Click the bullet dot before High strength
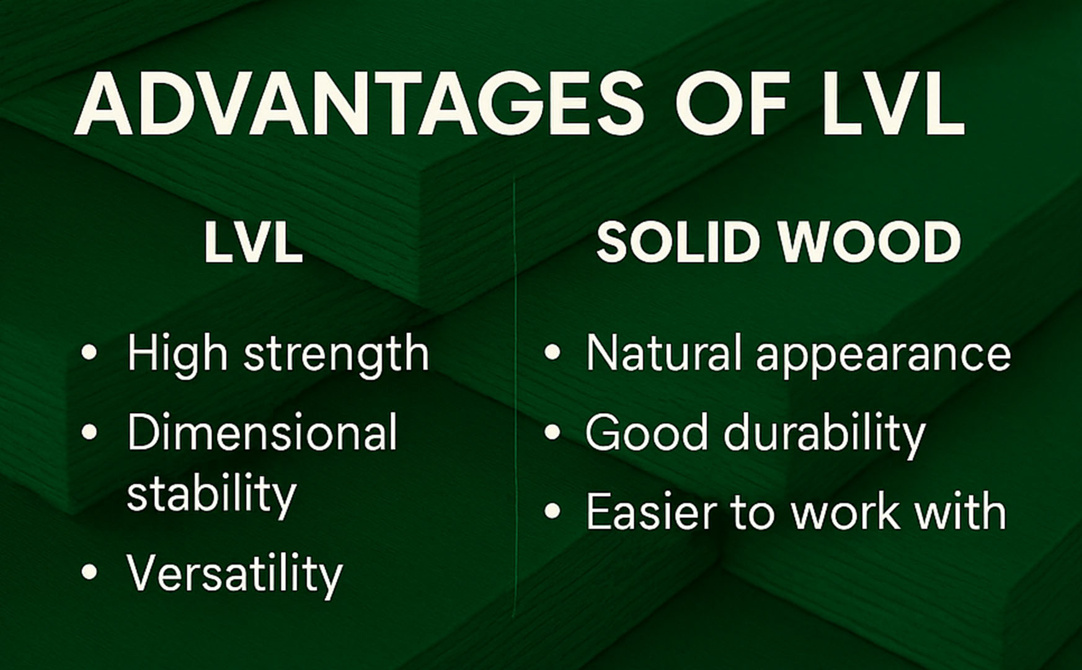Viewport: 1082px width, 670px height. point(89,352)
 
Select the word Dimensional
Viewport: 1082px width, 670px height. point(262,432)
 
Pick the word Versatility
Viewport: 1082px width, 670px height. point(234,573)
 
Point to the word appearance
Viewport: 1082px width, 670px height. point(883,355)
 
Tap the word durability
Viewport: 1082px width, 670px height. point(824,432)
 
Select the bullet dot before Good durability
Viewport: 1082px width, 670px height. point(552,432)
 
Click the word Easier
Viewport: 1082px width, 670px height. point(651,512)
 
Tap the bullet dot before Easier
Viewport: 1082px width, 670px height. point(552,512)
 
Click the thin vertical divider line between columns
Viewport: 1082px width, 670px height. point(515,397)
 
